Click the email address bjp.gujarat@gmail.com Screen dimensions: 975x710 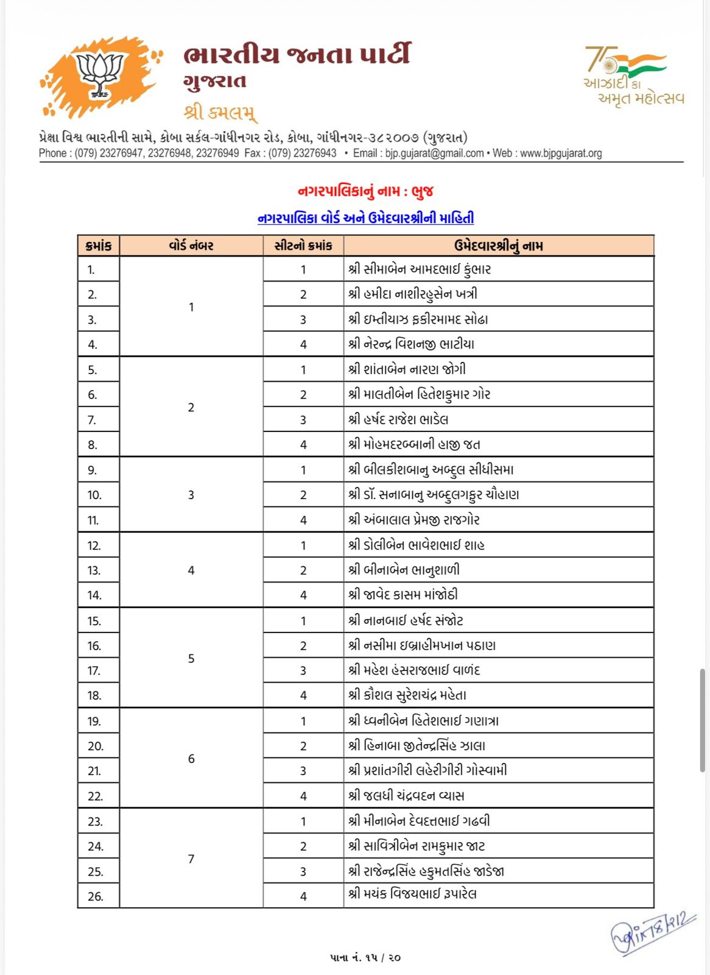434,154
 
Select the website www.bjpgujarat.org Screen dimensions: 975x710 561,154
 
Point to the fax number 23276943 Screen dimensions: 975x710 315,154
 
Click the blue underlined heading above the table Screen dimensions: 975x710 365,218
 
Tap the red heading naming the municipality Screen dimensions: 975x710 365,191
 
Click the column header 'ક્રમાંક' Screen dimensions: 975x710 99,246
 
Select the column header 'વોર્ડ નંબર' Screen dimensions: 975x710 191,246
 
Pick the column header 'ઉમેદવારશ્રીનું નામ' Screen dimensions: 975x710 498,246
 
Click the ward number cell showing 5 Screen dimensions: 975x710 191,658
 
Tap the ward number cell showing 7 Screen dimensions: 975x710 191,859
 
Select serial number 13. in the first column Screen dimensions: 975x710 94,570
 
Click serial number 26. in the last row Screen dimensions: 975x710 96,896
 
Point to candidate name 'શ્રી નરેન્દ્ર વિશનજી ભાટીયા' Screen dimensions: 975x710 412,344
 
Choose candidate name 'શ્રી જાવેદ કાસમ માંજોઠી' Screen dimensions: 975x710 403,595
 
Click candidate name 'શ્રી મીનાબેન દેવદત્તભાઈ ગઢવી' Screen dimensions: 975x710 419,821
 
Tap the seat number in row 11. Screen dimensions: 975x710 303,520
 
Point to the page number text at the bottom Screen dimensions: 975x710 365,958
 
